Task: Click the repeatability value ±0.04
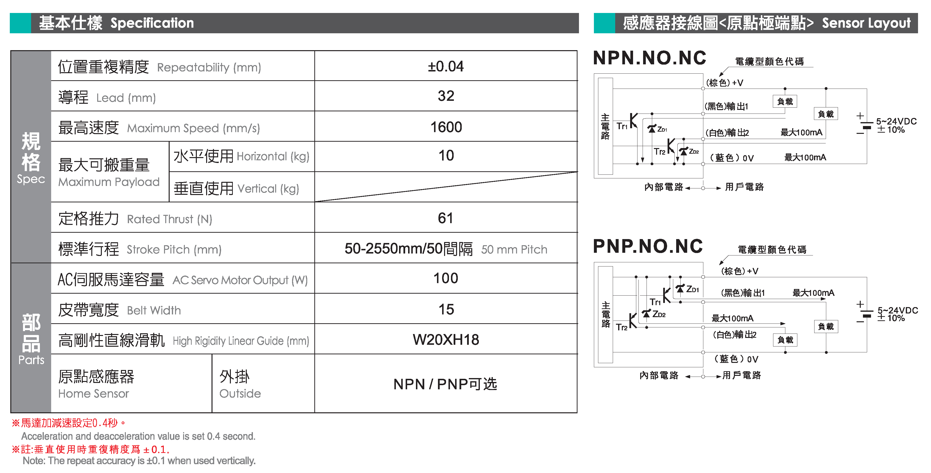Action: (x=445, y=67)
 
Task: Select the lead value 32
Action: (x=446, y=96)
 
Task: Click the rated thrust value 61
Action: (x=445, y=218)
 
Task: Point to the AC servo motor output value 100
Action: (x=446, y=278)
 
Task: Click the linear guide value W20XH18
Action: (x=446, y=340)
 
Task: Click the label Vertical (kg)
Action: (x=268, y=189)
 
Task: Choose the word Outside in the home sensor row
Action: (x=240, y=393)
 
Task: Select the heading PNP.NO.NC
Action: (x=648, y=246)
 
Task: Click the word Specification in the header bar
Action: (x=152, y=23)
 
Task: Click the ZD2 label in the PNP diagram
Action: (x=659, y=314)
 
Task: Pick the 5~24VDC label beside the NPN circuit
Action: (x=896, y=121)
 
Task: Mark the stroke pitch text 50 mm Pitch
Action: (x=514, y=249)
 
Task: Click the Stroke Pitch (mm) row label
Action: (x=174, y=249)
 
